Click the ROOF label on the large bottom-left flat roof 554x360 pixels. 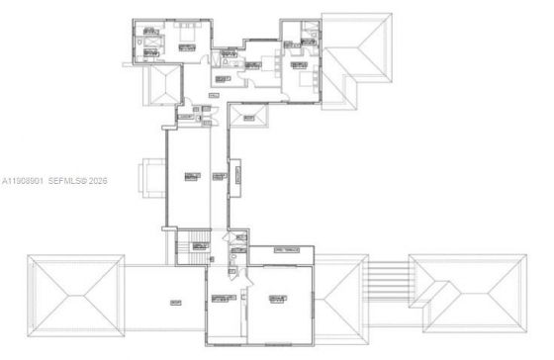coord(174,302)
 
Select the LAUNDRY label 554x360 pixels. coord(185,116)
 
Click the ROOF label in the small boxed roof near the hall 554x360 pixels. coord(247,119)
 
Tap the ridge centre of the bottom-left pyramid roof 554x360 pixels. coord(75,295)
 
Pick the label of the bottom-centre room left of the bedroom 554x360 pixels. coord(226,299)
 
